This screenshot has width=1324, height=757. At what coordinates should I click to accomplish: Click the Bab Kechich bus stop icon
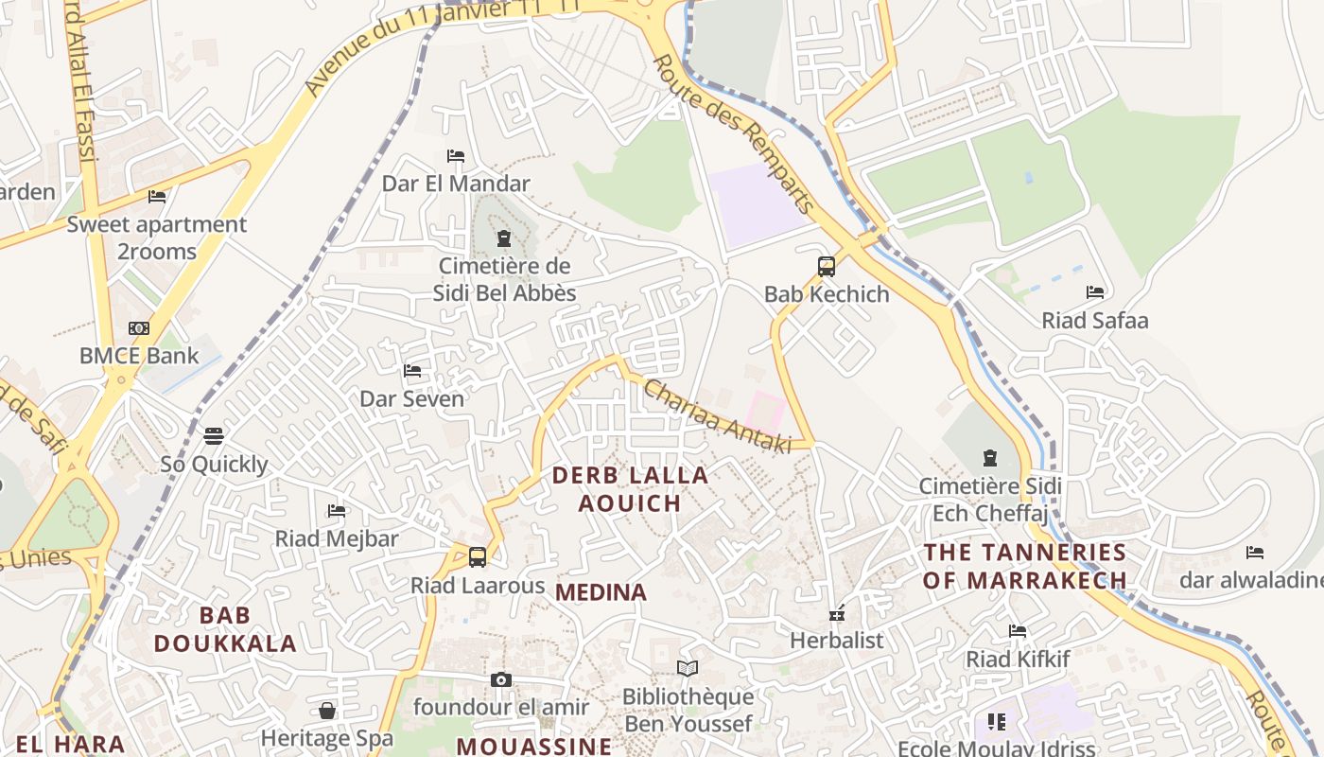[827, 267]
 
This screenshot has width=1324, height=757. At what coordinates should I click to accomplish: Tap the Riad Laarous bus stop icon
[478, 557]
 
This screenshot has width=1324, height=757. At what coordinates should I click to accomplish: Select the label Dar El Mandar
[456, 183]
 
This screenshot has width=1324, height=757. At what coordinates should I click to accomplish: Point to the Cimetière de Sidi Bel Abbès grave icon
[504, 238]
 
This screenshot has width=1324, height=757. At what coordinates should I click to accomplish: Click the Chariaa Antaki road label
[717, 416]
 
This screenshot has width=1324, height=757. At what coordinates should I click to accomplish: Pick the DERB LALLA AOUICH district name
[630, 489]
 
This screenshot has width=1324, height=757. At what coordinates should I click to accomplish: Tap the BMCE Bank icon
[139, 328]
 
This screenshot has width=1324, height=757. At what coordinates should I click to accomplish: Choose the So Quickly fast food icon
[214, 436]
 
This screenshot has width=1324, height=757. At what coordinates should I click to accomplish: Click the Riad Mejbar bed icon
[337, 511]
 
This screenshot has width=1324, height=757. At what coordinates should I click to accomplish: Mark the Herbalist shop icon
[837, 613]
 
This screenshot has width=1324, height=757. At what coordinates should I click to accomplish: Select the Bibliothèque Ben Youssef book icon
[688, 669]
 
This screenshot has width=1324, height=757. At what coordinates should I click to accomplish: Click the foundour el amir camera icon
[501, 679]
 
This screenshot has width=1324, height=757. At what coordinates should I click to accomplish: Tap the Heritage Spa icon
[327, 710]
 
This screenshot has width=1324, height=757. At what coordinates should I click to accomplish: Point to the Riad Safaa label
[1095, 320]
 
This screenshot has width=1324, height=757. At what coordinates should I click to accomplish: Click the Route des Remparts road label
[734, 132]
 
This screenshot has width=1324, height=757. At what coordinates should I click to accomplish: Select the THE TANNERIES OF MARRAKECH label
[1025, 566]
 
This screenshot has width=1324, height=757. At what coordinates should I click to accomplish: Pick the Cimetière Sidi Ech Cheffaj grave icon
[990, 459]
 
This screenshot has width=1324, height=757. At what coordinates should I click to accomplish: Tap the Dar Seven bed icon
[412, 371]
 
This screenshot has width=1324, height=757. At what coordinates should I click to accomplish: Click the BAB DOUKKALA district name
[225, 629]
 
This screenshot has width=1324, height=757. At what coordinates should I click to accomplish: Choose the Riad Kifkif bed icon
[1018, 630]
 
